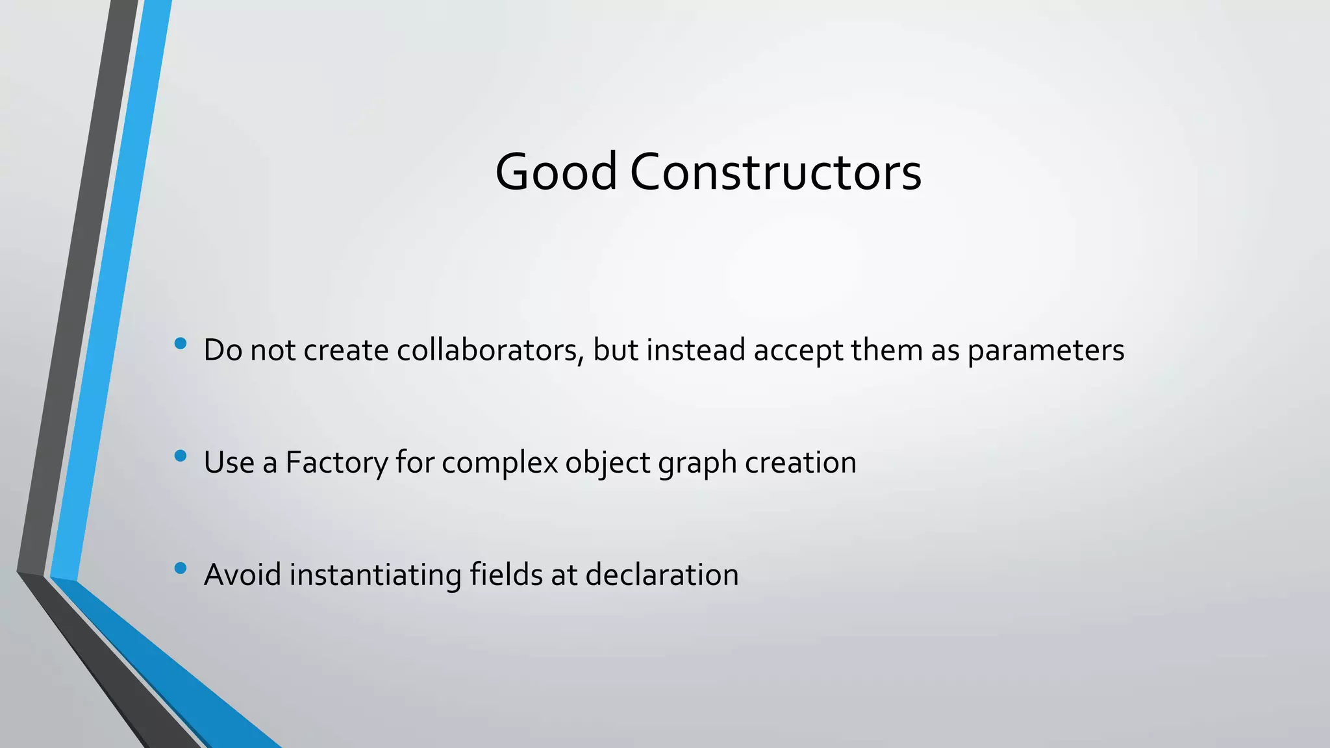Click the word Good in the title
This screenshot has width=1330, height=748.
[x=556, y=171]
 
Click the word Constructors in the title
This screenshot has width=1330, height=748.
[x=775, y=171]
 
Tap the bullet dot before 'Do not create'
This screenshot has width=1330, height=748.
[x=181, y=343]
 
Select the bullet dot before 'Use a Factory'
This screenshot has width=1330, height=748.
[x=181, y=456]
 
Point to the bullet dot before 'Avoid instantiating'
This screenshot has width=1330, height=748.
[x=181, y=569]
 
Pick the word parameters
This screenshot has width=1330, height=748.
[x=1046, y=351]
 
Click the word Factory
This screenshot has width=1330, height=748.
[x=336, y=463]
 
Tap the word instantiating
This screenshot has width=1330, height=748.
[x=375, y=575]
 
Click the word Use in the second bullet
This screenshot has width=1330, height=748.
[x=229, y=462]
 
